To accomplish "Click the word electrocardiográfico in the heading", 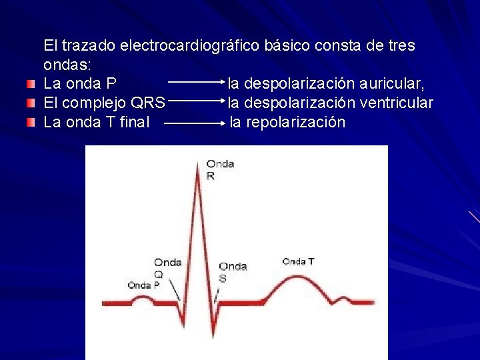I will click(x=190, y=46).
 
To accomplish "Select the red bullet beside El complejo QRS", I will click(x=29, y=103).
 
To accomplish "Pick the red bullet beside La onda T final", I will click(x=29, y=123).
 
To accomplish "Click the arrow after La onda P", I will click(x=196, y=84).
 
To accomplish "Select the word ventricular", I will click(x=396, y=103).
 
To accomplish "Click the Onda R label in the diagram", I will click(x=220, y=169).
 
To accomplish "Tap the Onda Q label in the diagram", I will click(x=167, y=267).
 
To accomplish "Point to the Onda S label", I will click(x=232, y=271).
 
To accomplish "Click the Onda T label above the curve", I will click(x=298, y=261).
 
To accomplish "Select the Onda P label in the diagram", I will click(x=143, y=285).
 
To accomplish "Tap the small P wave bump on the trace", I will click(x=143, y=298).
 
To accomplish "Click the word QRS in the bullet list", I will click(x=149, y=103).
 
